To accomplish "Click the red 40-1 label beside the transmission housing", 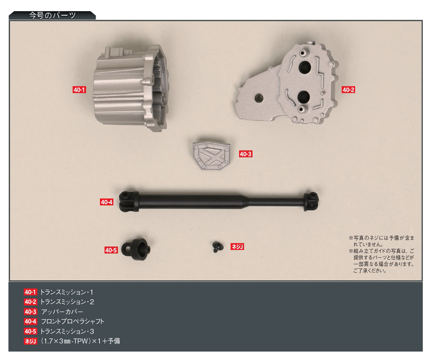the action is (x=79, y=89).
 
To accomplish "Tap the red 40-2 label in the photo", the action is (x=348, y=89).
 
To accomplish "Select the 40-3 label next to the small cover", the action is (x=245, y=154).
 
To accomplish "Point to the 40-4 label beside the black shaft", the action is (x=107, y=202).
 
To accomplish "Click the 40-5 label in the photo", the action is (x=111, y=250).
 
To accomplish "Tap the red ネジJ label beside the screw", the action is (x=237, y=246).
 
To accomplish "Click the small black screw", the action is (x=216, y=247).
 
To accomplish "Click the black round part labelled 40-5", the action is (x=136, y=249).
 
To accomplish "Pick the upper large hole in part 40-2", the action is (x=305, y=67).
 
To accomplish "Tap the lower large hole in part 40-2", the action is (x=304, y=96).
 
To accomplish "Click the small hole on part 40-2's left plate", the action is (x=259, y=98).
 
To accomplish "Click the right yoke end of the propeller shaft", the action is (x=311, y=201).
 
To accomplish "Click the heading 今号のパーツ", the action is (x=52, y=16).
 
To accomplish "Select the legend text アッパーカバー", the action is (x=62, y=312).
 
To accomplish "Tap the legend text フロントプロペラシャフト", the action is (x=73, y=322).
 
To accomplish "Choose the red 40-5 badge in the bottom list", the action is (x=30, y=331).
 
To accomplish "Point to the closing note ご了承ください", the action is (x=370, y=271).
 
